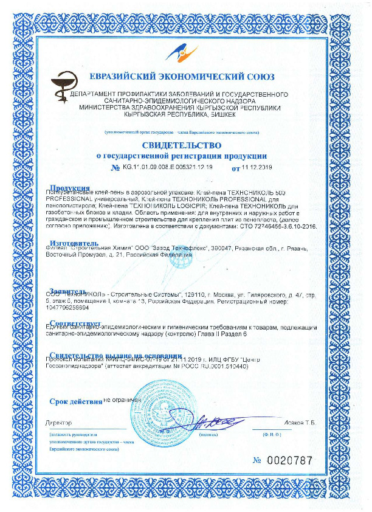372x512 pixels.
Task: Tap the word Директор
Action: click(58, 422)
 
